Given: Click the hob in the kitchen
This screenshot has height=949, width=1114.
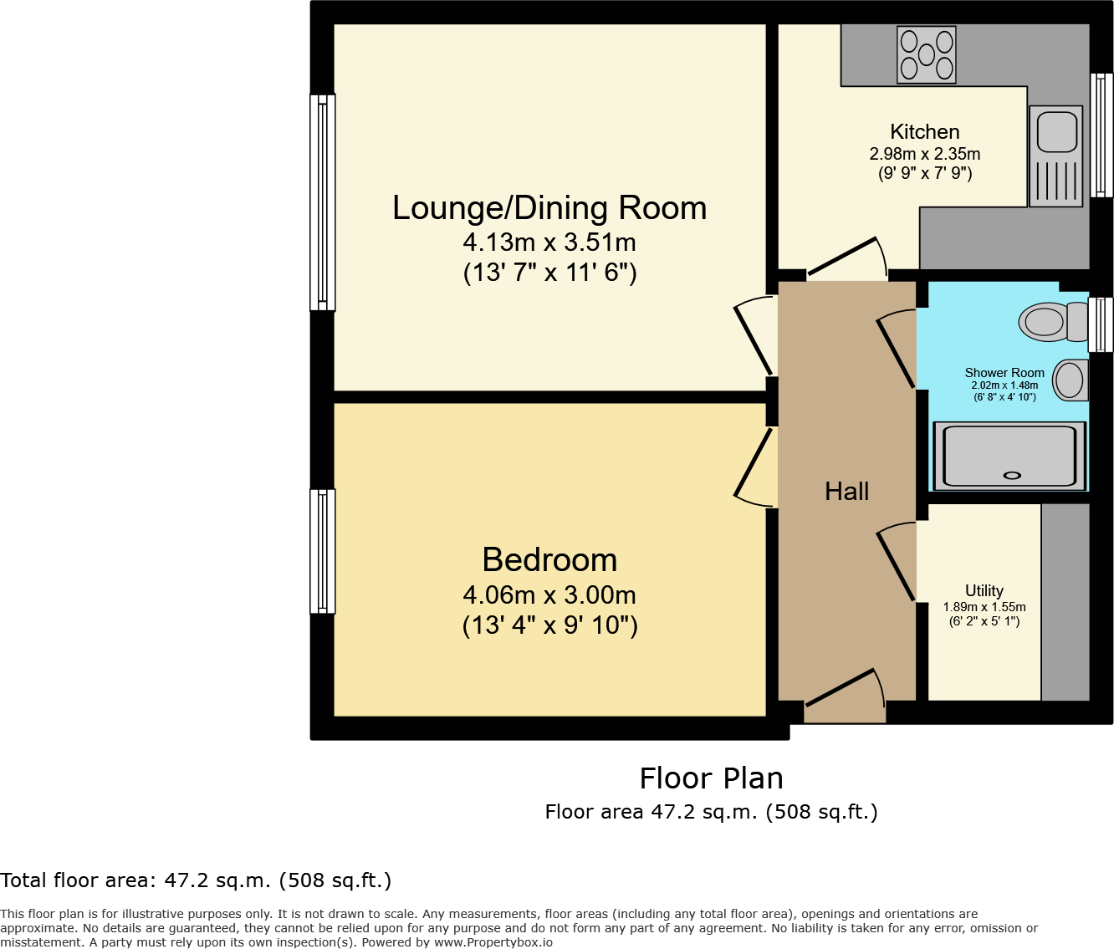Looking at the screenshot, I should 926,55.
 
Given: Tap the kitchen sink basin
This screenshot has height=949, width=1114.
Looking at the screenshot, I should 1056,131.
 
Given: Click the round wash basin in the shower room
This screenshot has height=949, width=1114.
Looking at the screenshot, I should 1070,380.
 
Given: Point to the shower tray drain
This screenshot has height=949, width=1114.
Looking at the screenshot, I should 1012,476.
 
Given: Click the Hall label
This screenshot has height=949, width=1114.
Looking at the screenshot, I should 846,492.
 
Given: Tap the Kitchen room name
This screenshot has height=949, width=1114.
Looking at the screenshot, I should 924,132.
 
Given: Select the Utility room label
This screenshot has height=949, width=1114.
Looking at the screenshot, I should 984,590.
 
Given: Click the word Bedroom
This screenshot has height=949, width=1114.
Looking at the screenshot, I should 549,560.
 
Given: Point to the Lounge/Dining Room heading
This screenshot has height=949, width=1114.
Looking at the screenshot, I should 549,208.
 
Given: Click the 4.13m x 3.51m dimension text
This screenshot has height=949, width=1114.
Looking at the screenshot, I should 549,242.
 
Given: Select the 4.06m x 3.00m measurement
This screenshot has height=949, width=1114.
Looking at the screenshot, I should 549,595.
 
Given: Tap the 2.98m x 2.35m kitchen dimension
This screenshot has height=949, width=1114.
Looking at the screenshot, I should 924,154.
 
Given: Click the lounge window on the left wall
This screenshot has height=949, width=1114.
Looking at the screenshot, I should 323,202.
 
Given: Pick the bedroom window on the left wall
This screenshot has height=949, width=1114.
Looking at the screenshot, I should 323,551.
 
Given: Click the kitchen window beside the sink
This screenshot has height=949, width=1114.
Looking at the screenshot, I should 1102,135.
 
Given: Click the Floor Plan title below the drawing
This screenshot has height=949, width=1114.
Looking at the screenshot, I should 711,778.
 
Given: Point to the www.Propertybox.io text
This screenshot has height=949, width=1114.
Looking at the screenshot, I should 493,942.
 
